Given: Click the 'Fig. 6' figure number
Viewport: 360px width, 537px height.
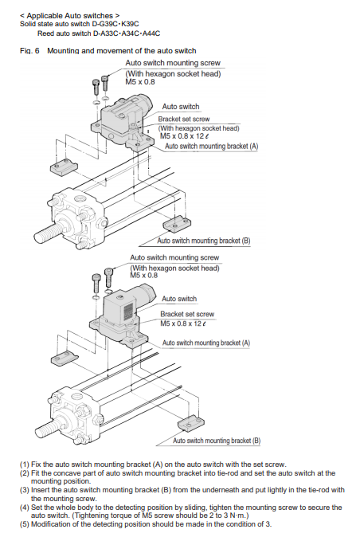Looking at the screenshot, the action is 29,51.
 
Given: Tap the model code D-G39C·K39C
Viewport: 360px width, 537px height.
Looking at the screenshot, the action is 115,24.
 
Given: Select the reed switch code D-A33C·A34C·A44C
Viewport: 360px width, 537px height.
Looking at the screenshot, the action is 127,33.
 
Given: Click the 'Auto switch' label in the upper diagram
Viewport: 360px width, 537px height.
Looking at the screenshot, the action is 181,107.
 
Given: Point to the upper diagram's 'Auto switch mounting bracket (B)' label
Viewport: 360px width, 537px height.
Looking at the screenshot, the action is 204,241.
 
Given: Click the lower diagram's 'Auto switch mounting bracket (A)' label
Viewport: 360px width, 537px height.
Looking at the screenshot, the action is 206,343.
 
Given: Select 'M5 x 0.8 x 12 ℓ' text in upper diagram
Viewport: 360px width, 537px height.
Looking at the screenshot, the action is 185,136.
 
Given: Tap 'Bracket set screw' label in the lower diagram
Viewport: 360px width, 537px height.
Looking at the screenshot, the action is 187,314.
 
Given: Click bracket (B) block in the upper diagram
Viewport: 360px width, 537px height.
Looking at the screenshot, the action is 177,224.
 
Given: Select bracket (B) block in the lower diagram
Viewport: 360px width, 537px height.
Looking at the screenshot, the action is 191,423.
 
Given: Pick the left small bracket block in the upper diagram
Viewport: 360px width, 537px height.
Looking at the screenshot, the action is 64,167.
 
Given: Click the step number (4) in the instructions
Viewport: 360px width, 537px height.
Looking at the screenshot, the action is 25,508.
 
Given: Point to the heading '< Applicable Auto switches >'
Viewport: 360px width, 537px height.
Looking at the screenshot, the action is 70,16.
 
